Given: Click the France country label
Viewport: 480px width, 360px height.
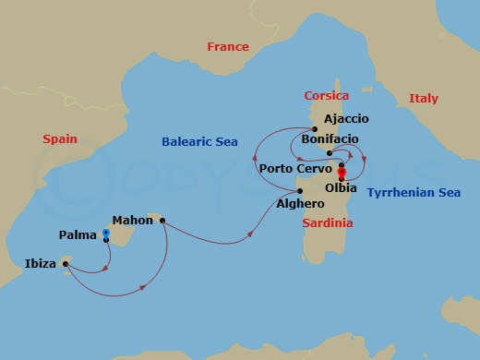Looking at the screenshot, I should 228,47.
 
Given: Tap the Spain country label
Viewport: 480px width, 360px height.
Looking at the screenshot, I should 60,139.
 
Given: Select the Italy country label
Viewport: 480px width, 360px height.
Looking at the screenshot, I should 424,99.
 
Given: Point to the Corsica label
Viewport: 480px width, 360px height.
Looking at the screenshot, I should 327,96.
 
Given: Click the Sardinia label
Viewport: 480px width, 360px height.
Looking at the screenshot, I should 328,223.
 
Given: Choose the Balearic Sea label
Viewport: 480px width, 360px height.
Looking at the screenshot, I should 199,142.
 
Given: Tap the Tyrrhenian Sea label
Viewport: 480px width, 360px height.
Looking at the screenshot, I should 414,193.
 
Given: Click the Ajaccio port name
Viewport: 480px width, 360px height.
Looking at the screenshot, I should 346,119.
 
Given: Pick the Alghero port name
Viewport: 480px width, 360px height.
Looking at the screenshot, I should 301,204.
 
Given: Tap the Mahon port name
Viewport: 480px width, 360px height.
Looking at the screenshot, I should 132,221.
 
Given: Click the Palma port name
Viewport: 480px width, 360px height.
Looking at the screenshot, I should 78,235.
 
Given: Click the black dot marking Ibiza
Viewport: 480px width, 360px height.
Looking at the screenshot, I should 66,264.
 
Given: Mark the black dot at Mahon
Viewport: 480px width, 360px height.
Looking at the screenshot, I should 162,221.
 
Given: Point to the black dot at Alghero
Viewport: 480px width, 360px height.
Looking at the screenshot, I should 300,191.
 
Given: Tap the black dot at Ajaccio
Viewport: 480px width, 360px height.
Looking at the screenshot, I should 314,128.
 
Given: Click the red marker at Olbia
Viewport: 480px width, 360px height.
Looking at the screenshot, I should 341,173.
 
